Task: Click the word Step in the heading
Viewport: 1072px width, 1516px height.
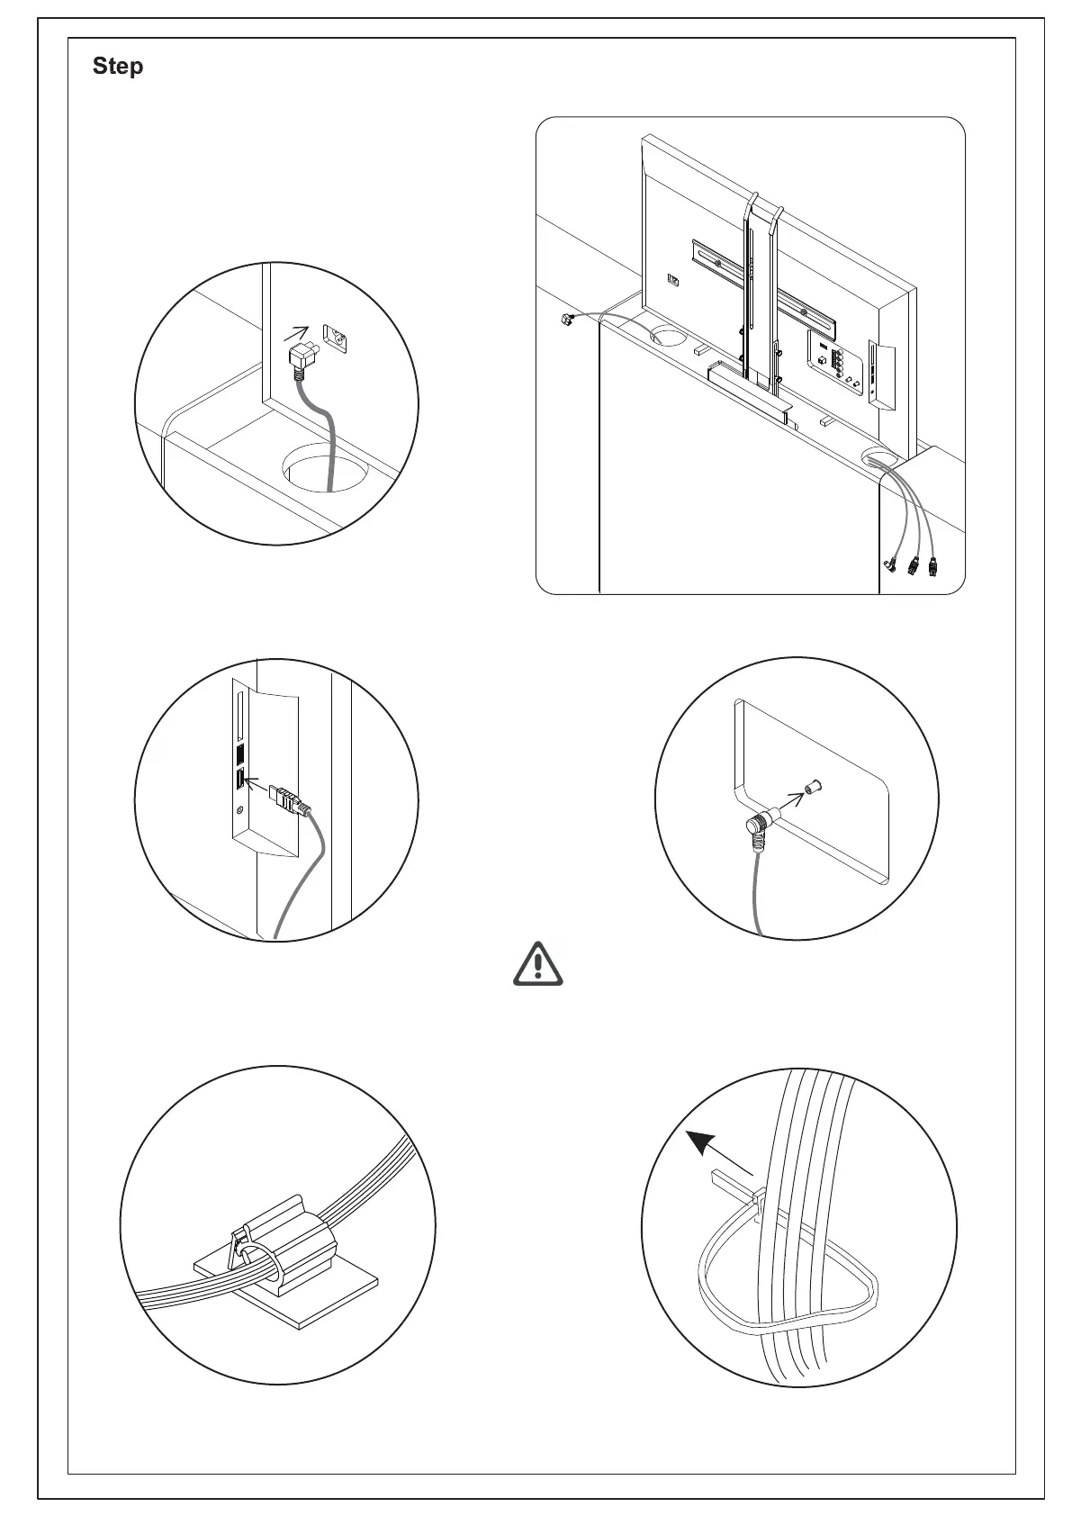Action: [x=118, y=67]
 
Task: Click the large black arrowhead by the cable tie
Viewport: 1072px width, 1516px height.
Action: [x=702, y=1145]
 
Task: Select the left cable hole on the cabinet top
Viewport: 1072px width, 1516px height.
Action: [x=667, y=336]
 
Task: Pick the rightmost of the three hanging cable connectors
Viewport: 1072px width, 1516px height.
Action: [x=932, y=568]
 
